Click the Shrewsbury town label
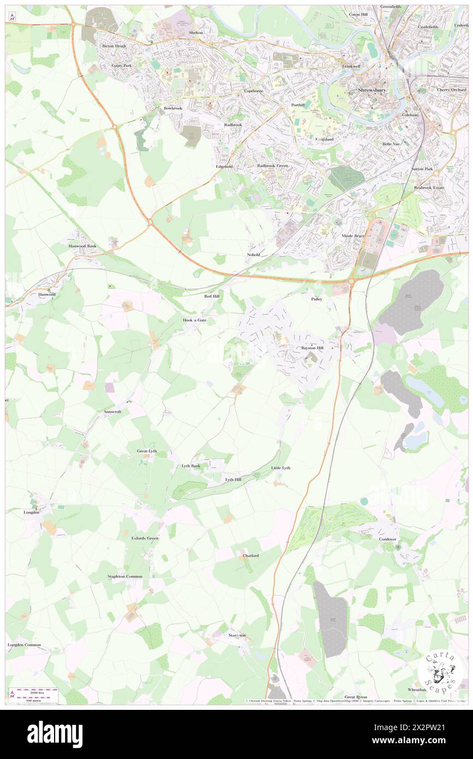pos(373,90)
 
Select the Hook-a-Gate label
pos(195,319)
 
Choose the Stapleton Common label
pos(125,577)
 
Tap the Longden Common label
pos(24,645)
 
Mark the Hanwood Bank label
pos(82,246)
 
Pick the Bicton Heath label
pos(114,46)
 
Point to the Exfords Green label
pos(145,538)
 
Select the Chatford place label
pos(251,555)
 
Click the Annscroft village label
pos(112,412)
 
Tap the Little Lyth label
pos(281,468)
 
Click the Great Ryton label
pos(356,697)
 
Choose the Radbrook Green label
pos(273,165)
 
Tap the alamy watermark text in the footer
pos(55,734)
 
